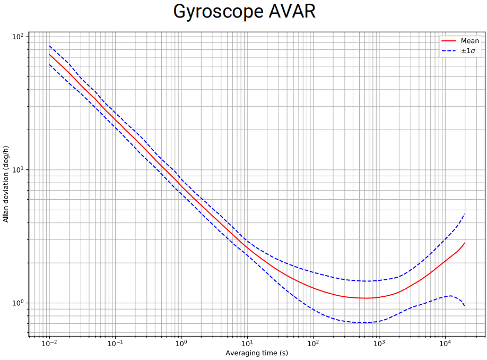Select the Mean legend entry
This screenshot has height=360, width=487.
469,41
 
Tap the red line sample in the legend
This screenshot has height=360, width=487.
448,41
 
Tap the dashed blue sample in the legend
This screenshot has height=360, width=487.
448,51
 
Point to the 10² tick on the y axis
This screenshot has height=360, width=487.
19,37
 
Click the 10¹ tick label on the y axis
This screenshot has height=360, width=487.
19,170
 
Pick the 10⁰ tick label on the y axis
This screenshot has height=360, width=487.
19,303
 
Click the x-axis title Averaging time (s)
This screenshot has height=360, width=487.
257,353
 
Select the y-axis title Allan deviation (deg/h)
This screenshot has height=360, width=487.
6,184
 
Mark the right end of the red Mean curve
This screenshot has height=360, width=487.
465,243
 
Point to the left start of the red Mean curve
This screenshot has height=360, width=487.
49,54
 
